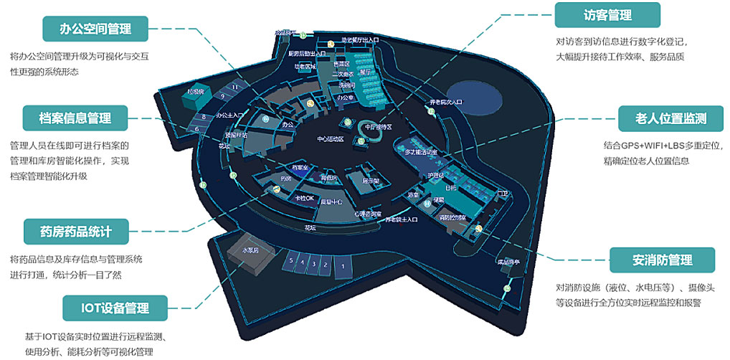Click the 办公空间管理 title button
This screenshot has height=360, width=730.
(95, 29)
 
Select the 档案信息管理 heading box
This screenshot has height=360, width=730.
(75, 116)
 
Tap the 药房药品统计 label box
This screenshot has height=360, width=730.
(75, 231)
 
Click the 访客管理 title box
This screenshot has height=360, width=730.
(607, 15)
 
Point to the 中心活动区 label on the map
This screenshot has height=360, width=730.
(331, 138)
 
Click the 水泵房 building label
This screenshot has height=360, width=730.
(250, 250)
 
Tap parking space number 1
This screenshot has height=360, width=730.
(343, 267)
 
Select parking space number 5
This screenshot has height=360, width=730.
(291, 262)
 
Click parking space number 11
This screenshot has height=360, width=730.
(234, 87)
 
